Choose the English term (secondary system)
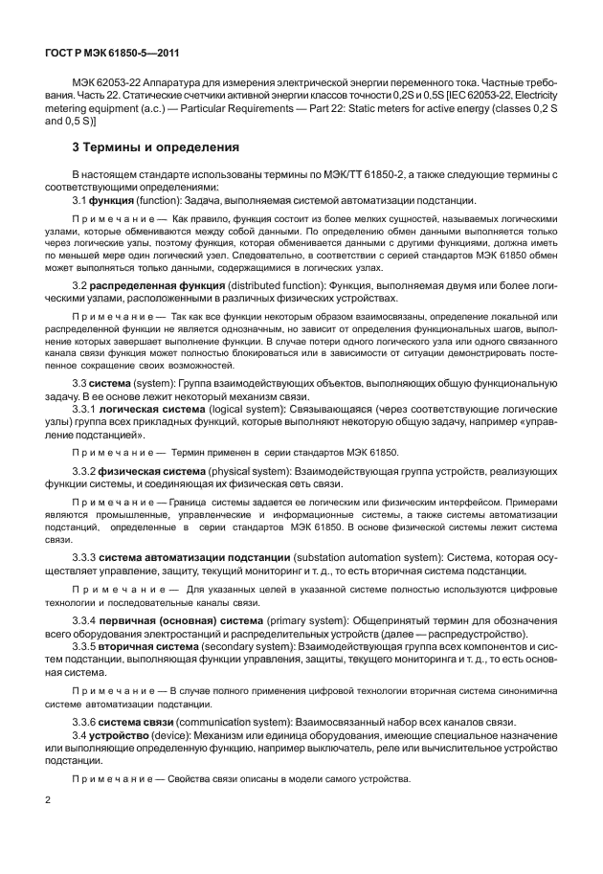252,646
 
